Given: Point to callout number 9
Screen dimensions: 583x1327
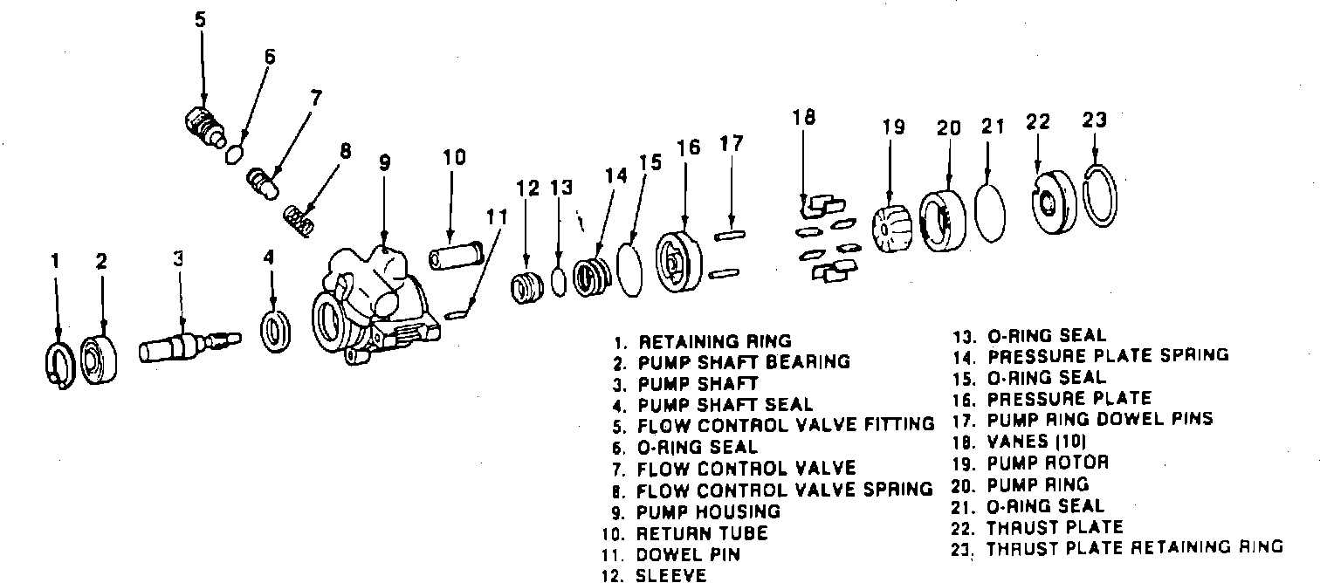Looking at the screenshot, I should [x=384, y=163].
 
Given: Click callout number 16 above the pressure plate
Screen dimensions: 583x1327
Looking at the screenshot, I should [x=688, y=147].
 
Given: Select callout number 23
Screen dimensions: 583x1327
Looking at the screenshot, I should [x=1094, y=119].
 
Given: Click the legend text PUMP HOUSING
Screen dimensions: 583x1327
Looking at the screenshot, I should [x=708, y=511].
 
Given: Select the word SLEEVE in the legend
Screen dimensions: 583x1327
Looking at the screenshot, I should [x=671, y=575].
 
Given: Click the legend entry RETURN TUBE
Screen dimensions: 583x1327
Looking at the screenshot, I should [x=702, y=532].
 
